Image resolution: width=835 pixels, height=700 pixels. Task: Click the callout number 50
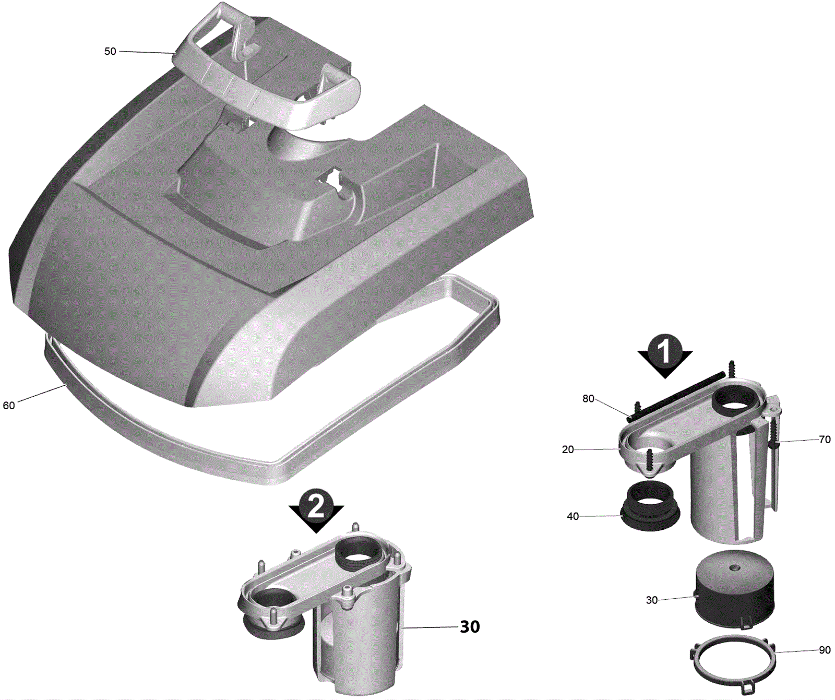coord(110,51)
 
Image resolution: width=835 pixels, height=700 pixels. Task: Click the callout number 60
coord(9,406)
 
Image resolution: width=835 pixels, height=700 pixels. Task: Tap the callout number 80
coord(588,399)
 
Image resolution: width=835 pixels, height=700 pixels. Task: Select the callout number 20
coord(568,449)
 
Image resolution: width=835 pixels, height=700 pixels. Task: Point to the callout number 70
coord(825,440)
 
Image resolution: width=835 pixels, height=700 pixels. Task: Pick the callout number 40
coord(573,516)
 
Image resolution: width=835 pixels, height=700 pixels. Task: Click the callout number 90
coord(825,650)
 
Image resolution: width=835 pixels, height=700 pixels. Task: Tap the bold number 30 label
coord(470,627)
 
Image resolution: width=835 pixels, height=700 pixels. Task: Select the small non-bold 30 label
coord(652,600)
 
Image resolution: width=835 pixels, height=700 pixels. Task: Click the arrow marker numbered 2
coord(316,511)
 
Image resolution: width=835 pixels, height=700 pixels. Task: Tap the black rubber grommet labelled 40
coord(651,506)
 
